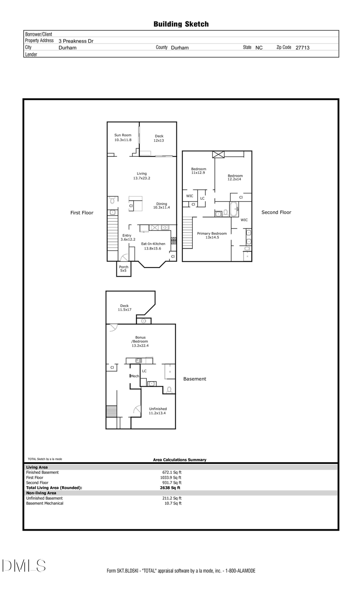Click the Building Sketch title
point(181,24)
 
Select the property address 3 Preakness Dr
point(76,41)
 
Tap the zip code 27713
point(302,48)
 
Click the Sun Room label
point(123,138)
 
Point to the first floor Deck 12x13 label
point(159,138)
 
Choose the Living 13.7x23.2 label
point(142,176)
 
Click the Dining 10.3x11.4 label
point(162,206)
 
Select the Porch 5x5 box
point(124,269)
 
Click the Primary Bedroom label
point(212,235)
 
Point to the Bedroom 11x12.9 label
point(198,171)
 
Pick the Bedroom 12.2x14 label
point(235,178)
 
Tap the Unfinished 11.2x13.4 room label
point(158,411)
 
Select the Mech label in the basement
point(135,376)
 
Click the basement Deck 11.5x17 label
point(124,307)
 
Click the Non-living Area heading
point(41,493)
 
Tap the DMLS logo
point(24,565)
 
